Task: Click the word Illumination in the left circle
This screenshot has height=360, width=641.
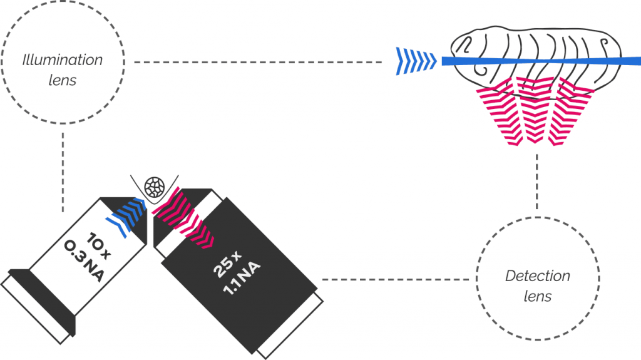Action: click(x=62, y=61)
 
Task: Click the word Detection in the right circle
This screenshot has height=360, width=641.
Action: click(x=537, y=277)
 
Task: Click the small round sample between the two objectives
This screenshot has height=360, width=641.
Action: click(x=154, y=186)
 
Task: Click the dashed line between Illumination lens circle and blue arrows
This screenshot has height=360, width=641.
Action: click(x=257, y=62)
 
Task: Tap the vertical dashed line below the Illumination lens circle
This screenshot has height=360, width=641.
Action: click(x=62, y=169)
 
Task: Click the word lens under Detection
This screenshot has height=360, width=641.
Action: click(x=537, y=296)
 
